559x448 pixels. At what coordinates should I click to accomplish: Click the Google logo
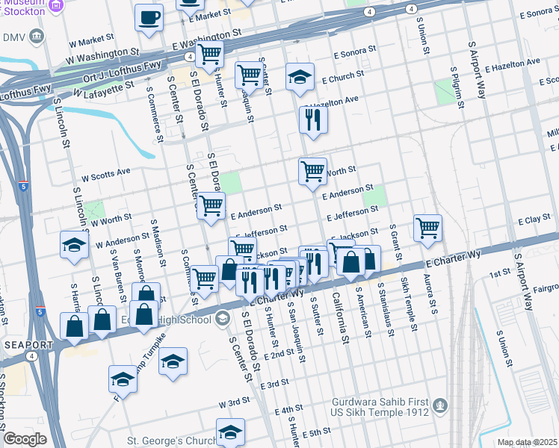click(x=24, y=439)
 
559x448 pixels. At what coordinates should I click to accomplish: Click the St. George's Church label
click(x=165, y=441)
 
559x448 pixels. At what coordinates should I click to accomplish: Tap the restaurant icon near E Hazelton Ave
click(x=313, y=119)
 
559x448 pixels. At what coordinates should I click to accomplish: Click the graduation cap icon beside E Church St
click(x=299, y=76)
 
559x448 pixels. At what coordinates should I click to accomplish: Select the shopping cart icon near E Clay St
click(x=427, y=227)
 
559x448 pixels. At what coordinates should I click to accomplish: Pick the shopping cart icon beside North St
click(x=312, y=170)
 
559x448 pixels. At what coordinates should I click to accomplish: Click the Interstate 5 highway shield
click(x=25, y=186)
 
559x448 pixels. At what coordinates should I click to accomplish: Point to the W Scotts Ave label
click(x=105, y=175)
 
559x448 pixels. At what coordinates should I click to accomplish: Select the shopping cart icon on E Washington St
click(x=210, y=54)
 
